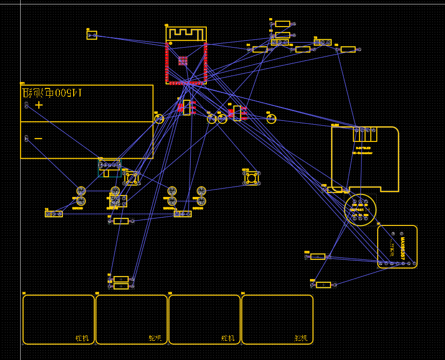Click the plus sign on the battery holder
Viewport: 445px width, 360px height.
pos(39,105)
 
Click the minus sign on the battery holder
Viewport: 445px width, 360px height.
pos(38,138)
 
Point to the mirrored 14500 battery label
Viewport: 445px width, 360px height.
pos(52,92)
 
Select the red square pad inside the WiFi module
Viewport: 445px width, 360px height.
pos(183,60)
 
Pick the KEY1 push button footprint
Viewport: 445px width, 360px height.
pos(132,178)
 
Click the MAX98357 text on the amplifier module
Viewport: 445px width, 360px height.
pos(402,249)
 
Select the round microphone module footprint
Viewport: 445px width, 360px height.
pos(360,210)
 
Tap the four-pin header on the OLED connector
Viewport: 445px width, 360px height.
pos(365,131)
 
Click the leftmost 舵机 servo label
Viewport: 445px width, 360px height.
pos(82,338)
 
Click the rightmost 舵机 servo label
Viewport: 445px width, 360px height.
pos(301,338)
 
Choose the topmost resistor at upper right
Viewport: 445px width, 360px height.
pos(282,24)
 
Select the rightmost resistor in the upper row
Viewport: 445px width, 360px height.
pos(348,50)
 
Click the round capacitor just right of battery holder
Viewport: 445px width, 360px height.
pos(159,119)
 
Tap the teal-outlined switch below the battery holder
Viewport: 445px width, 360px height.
pos(110,168)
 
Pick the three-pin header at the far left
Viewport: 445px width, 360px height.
pos(54,214)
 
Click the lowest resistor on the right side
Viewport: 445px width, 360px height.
pos(323,285)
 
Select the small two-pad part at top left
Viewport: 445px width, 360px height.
pos(92,35)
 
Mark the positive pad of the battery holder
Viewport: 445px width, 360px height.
pos(27,105)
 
